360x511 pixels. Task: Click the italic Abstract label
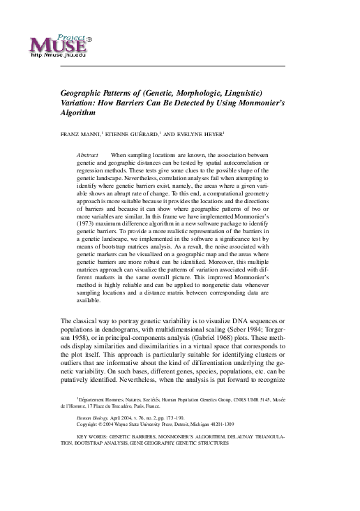point(87,153)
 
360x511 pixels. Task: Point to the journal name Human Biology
point(94,434)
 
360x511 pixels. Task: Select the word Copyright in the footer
point(89,443)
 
